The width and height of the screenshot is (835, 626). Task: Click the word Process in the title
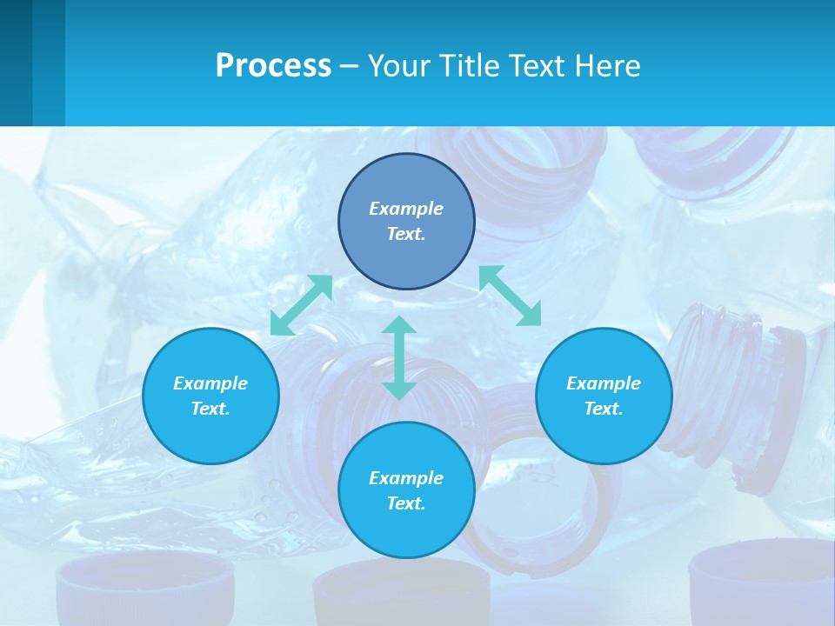tap(273, 65)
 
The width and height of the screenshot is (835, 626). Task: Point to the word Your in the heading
tap(397, 65)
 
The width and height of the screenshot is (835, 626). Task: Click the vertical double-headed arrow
tap(399, 357)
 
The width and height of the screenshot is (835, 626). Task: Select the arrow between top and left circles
tap(301, 305)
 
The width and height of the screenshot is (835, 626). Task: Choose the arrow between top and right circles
tap(510, 296)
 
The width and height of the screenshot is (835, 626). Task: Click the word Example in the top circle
tap(406, 209)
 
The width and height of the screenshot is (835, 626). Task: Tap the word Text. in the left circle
tap(210, 409)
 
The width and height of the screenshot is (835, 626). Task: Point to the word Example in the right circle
tap(604, 383)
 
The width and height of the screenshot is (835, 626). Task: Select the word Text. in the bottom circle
tap(406, 503)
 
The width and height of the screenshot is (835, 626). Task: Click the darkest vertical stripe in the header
tap(16, 63)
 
